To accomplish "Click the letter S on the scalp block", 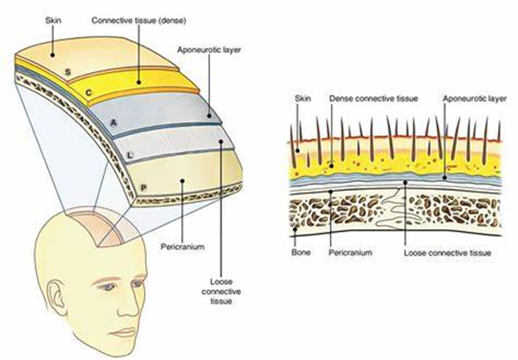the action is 68,72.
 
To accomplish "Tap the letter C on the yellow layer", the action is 89,93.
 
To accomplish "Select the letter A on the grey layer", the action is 114,123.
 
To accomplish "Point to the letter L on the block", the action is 130,154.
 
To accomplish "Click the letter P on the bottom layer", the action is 144,188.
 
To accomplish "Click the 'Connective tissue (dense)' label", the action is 138,20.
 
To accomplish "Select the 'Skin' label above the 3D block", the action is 53,20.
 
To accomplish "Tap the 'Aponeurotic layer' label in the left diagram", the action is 209,50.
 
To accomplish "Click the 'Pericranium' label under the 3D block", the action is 182,247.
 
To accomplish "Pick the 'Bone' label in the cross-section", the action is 301,252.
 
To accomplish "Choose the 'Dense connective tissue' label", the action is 373,99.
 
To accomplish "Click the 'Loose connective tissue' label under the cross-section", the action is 447,253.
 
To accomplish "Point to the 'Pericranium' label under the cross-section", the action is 350,252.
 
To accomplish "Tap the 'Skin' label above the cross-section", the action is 303,99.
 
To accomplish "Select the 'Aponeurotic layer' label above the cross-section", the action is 475,99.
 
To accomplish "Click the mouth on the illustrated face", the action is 124,332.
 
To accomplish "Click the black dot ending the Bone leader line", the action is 295,229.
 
